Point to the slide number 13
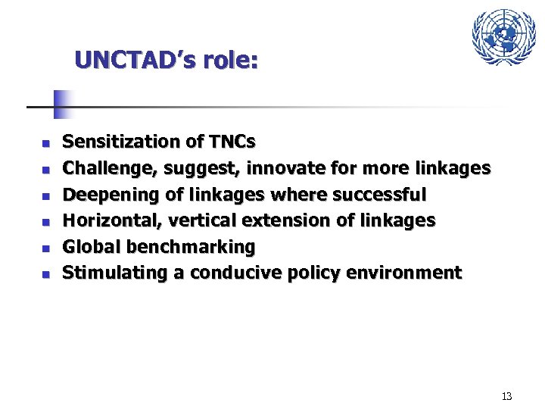coord(506,396)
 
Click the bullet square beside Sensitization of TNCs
coord(45,142)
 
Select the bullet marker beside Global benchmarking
coord(45,248)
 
